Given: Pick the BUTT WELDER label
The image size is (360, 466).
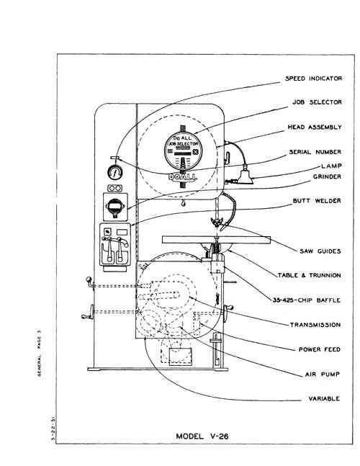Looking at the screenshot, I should tap(317, 201).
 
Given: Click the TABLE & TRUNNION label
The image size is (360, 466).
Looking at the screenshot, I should tap(307, 275).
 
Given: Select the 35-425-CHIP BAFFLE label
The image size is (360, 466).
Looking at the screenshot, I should tap(306, 300).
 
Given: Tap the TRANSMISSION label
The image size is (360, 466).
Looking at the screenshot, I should tap(315, 325).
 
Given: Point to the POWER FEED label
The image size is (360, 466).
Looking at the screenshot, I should tap(319, 349).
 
